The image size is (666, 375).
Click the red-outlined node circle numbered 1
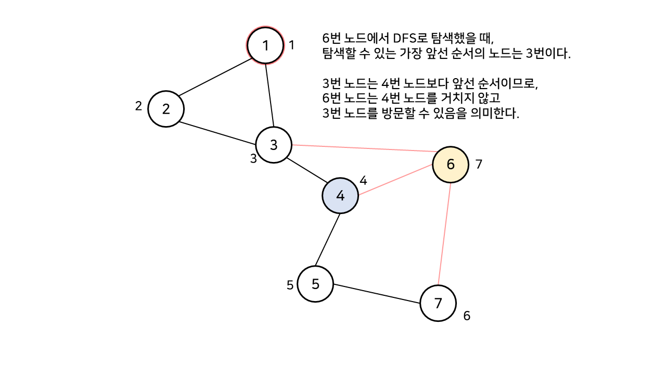tap(265, 45)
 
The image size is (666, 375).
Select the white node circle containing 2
tap(166, 109)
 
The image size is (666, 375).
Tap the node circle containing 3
tap(274, 145)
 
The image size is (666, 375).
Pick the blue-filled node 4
tap(340, 196)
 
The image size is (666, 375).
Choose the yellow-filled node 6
tap(451, 165)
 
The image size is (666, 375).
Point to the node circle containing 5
tap(315, 284)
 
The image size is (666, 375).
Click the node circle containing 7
tap(438, 303)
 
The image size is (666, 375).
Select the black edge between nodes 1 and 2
tap(215, 78)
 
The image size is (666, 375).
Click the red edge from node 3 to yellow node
tap(362, 148)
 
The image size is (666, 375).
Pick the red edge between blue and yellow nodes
tap(395, 180)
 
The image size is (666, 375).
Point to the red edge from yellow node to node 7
tap(444, 234)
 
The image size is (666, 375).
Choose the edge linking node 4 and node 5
tap(328, 240)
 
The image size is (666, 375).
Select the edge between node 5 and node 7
tap(377, 294)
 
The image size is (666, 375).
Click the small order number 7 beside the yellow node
tap(479, 165)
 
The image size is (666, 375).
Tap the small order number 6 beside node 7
tap(467, 316)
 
